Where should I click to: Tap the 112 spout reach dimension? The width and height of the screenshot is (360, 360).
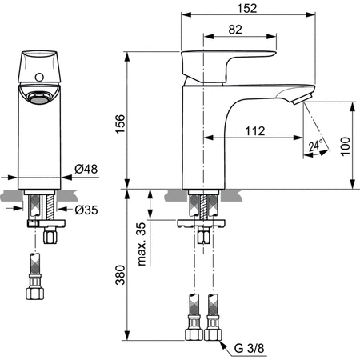[255, 130]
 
